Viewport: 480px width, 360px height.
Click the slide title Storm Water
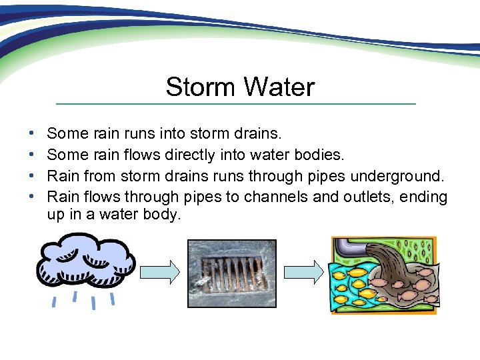click(x=240, y=87)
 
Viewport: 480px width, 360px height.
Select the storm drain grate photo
click(x=231, y=273)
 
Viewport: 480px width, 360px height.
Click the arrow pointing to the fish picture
click(x=303, y=272)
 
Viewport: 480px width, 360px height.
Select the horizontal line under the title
click(x=235, y=104)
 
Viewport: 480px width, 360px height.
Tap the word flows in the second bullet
click(x=134, y=155)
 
